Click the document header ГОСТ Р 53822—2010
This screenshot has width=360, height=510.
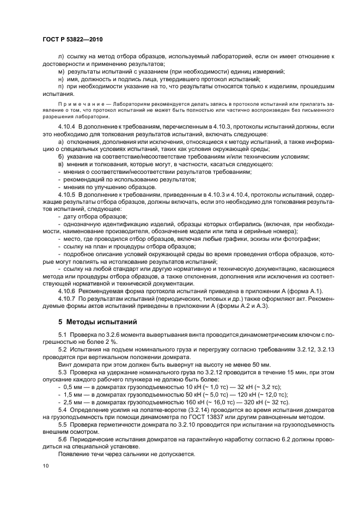[72, 41]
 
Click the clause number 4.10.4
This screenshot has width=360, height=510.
[66, 126]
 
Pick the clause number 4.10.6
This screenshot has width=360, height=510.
[66, 291]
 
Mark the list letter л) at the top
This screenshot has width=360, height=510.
[60, 57]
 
